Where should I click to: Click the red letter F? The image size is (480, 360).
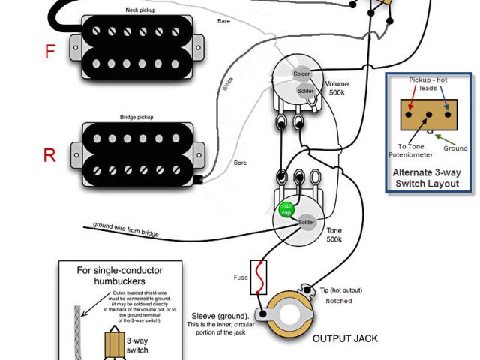point(50,52)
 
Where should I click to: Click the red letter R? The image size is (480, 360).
point(49,155)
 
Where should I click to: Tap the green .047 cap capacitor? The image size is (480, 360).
point(286,210)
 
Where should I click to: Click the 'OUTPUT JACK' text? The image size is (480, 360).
point(345,338)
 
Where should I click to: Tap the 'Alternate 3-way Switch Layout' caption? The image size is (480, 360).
point(428,178)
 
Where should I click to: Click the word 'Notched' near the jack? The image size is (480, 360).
point(338,301)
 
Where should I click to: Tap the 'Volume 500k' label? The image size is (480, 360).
point(337,89)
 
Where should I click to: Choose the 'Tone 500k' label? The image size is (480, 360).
point(334,235)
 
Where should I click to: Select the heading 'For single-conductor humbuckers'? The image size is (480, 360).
point(120,275)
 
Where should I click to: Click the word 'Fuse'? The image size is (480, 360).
point(240,277)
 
